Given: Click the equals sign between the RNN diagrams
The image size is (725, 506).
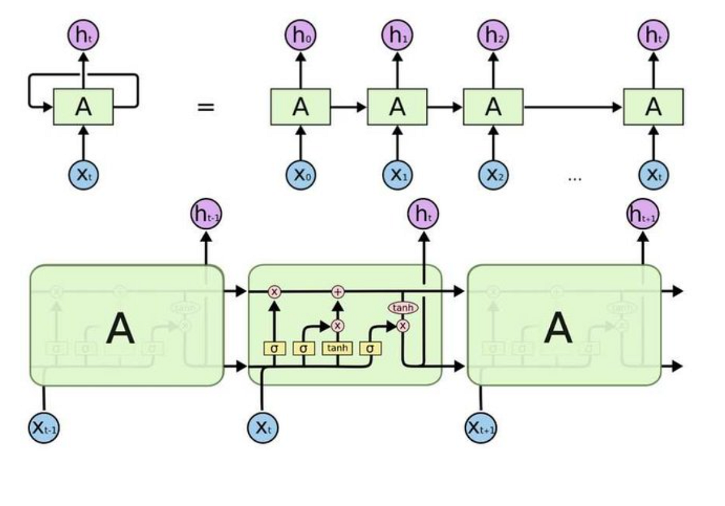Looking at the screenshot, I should pyautogui.click(x=206, y=108).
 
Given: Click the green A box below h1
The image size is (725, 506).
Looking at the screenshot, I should pyautogui.click(x=397, y=107).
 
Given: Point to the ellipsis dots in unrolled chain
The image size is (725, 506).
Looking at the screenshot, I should pyautogui.click(x=575, y=178).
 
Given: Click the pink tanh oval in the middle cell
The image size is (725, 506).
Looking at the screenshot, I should pyautogui.click(x=403, y=308).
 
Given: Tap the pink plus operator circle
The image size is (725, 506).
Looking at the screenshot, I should pyautogui.click(x=338, y=292).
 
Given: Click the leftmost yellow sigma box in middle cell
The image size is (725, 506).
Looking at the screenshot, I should pyautogui.click(x=274, y=348).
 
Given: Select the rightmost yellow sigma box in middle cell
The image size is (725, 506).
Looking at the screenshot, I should pyautogui.click(x=369, y=348).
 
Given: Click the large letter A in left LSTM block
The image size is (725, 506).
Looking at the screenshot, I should pyautogui.click(x=120, y=330).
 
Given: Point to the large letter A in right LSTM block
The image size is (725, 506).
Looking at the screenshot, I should pyautogui.click(x=558, y=330).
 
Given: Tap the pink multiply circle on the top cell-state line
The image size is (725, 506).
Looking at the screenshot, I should pyautogui.click(x=274, y=292).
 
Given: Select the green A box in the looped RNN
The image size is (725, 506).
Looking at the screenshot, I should pyautogui.click(x=83, y=107).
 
